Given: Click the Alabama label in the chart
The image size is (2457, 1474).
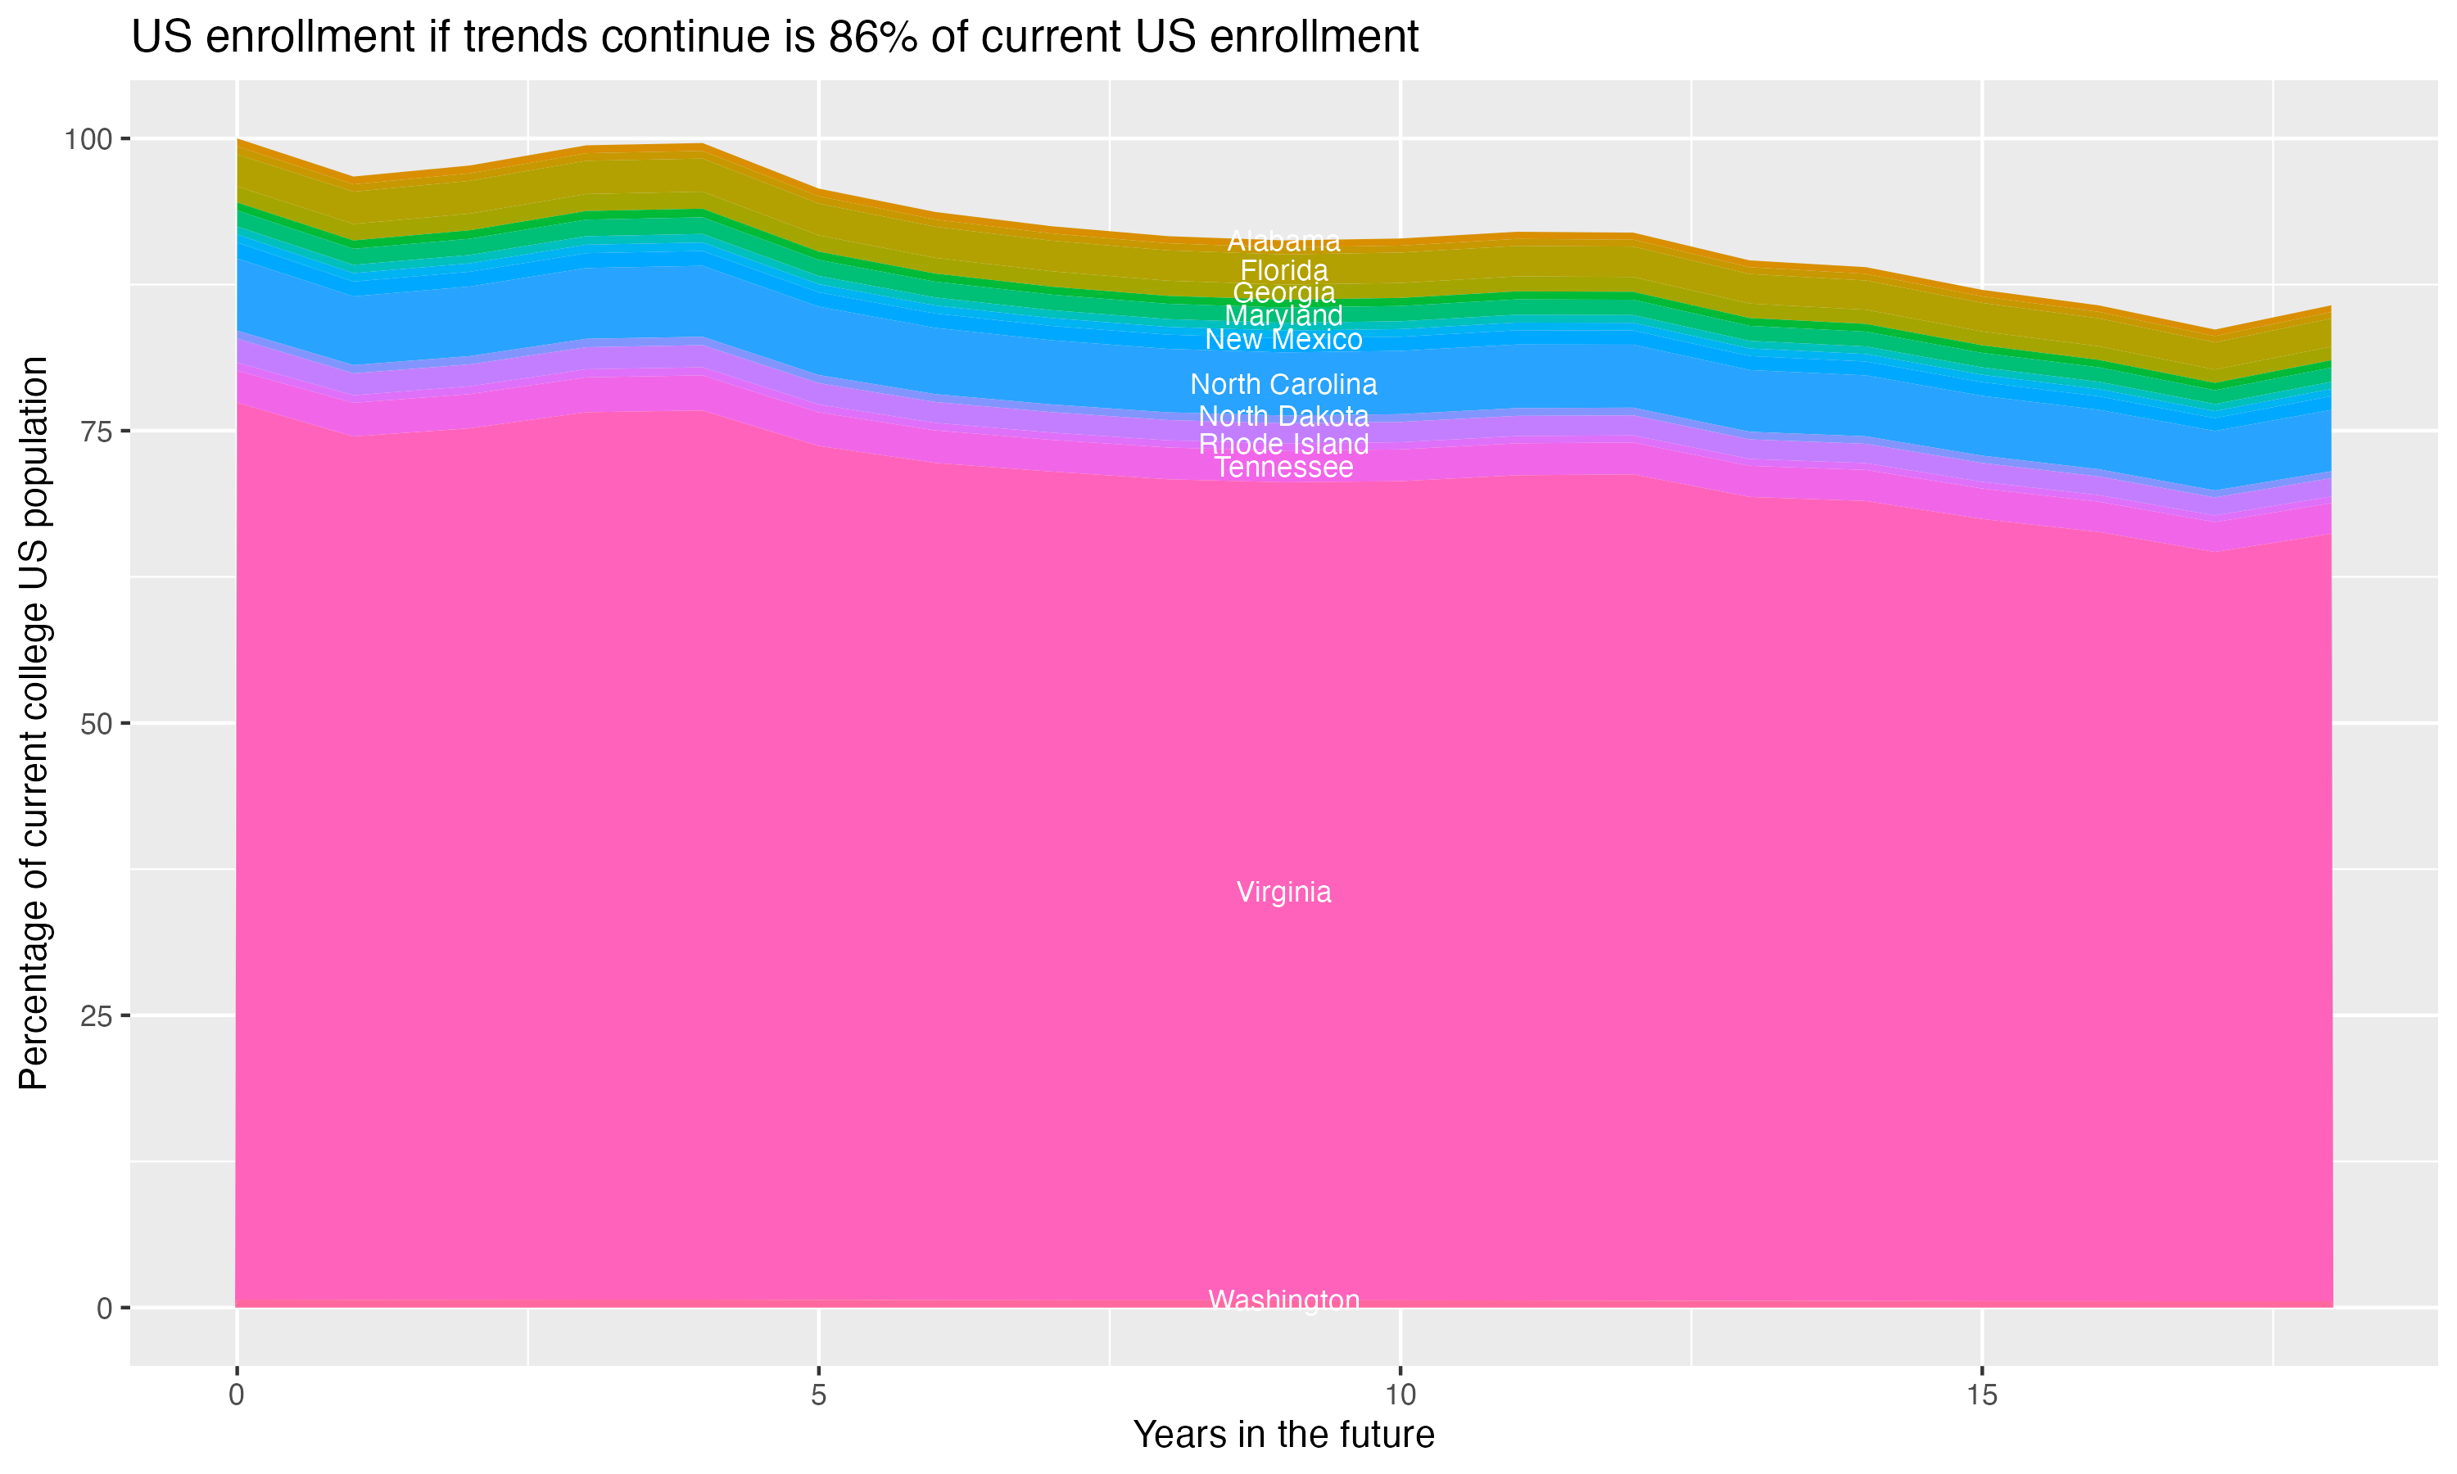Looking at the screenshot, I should [1283, 242].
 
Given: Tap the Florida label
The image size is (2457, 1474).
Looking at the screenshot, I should [1283, 270].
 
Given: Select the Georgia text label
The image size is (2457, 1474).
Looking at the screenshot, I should [1283, 293].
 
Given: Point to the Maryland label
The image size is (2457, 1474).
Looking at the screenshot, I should [1283, 316].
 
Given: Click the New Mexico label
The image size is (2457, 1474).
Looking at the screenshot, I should [1283, 340].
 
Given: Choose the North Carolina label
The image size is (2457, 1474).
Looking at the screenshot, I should [1283, 384].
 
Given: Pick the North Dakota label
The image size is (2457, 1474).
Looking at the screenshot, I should [1283, 416].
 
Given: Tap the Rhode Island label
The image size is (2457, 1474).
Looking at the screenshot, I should [1283, 444].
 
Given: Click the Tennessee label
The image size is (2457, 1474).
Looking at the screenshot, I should [1283, 467].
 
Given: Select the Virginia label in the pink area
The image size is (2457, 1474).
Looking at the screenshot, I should [1283, 892].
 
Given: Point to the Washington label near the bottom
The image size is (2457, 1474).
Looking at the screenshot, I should [1283, 1300].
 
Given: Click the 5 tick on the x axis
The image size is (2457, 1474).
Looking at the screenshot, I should [818, 1395].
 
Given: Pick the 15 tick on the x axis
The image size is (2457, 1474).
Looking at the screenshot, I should [1981, 1395].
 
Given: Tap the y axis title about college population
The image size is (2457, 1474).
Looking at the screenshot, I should [34, 723].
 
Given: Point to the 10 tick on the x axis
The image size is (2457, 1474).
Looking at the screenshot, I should [1400, 1395].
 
